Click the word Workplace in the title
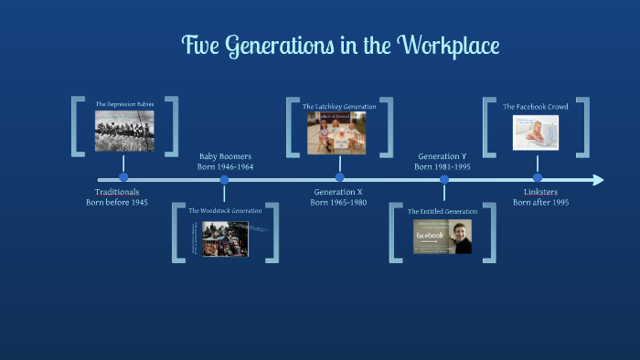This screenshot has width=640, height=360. coord(447,45)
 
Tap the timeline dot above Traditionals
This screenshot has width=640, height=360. coord(123,178)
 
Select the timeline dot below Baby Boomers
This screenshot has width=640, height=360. coord(225,180)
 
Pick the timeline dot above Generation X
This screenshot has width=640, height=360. coord(339,178)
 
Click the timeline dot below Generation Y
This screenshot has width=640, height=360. coord(444,180)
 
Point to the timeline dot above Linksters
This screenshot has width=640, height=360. coord(538,178)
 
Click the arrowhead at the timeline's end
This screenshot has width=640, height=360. coord(598,180)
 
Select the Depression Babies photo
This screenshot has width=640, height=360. coord(124,131)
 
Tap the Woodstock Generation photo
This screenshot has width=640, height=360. coord(226,238)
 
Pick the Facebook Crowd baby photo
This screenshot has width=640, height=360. coord(536,132)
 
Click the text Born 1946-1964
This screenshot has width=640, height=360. coord(225,167)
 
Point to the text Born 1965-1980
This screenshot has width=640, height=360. coord(338,203)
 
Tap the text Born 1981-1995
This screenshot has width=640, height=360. coord(443,167)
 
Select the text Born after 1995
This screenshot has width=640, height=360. coord(540,203)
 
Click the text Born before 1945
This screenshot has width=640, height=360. coord(117,203)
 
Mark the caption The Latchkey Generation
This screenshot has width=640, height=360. coord(339,107)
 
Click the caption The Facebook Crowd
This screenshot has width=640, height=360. coord(536,107)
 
